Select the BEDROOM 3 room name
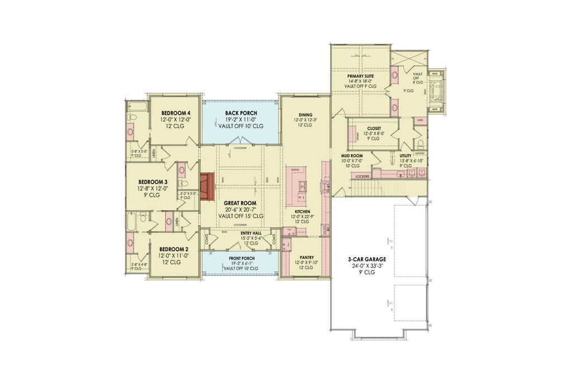click(152, 182)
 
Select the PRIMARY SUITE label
click(360, 75)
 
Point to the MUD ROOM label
click(352, 156)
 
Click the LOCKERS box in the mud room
click(362, 177)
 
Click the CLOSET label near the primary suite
click(374, 128)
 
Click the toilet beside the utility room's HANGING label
click(420, 147)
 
